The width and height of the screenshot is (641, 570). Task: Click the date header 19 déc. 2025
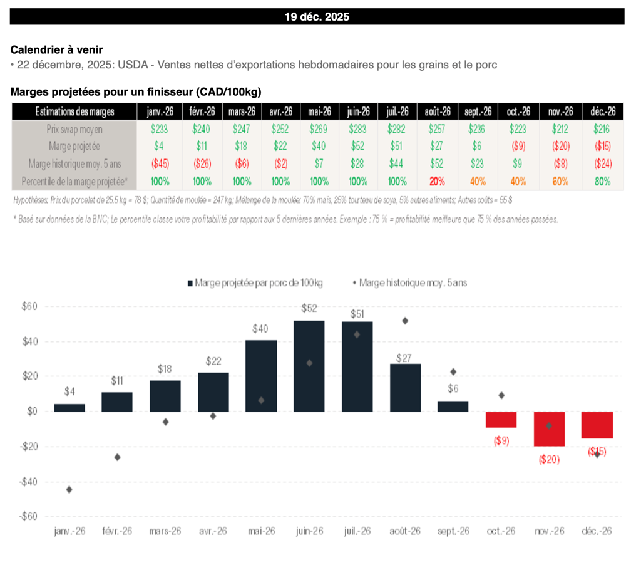point(317,17)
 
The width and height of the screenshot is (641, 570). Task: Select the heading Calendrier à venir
point(56,50)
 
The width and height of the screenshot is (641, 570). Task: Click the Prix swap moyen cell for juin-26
point(357,129)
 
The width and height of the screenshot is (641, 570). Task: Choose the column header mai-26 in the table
point(319,111)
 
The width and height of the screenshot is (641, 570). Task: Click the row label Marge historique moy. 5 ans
point(74,163)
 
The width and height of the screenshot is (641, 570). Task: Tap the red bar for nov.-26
point(549,429)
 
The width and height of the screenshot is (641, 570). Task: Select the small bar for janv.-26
point(69,408)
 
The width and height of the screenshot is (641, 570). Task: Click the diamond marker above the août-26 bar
point(405,321)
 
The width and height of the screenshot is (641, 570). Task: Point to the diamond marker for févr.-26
point(117,457)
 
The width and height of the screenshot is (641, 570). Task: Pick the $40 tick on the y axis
point(29,341)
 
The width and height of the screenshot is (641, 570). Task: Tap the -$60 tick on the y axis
point(28,517)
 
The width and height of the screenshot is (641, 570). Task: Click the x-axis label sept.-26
point(453,531)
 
